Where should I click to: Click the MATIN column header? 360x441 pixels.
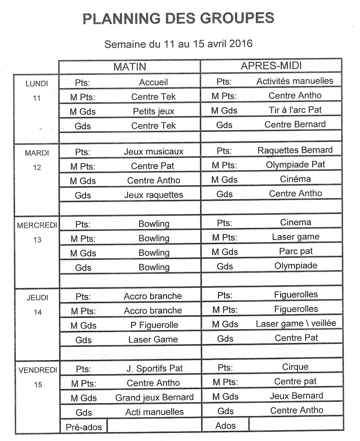[129, 67]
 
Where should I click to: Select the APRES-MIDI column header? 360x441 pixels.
[271, 66]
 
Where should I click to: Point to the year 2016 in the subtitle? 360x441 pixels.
[241, 44]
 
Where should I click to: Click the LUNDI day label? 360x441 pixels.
[37, 83]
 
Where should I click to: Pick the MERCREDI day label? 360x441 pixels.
[37, 226]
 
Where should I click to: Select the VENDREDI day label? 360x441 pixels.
[38, 370]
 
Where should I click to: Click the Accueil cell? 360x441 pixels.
[153, 82]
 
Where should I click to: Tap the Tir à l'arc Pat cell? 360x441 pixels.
[295, 110]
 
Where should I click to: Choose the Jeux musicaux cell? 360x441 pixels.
[153, 151]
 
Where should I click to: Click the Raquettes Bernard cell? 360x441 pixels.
[295, 150]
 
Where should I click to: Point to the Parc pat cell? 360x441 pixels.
[296, 251]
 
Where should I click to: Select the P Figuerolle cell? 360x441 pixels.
[154, 325]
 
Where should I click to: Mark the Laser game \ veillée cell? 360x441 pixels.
[296, 324]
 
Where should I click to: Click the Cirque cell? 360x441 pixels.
[295, 367]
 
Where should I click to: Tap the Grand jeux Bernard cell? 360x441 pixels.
[154, 397]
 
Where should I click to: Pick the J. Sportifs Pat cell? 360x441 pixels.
[154, 368]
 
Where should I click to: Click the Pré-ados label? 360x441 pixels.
[83, 427]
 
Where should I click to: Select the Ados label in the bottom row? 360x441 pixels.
[225, 426]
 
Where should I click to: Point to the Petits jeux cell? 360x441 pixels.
[153, 111]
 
